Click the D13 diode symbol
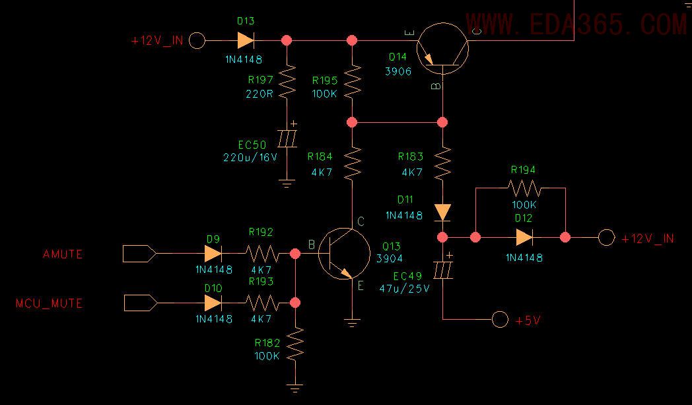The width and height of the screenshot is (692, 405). pos(245,40)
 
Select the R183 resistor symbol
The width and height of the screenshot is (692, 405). pos(442,163)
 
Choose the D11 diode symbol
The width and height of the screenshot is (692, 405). pos(442,212)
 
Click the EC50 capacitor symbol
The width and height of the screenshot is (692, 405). pos(287,139)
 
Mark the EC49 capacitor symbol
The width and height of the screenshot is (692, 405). pos(442,270)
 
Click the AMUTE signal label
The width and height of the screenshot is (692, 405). pos(63,254)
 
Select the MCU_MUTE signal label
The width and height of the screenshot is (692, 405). pos(50,304)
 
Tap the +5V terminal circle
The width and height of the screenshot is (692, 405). pos(500,320)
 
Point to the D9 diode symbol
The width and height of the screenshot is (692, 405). pos(213,254)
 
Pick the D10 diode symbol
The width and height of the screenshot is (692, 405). pos(213,303)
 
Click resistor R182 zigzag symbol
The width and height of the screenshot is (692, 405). pos(295,344)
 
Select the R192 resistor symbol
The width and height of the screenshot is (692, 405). pos(261,254)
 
